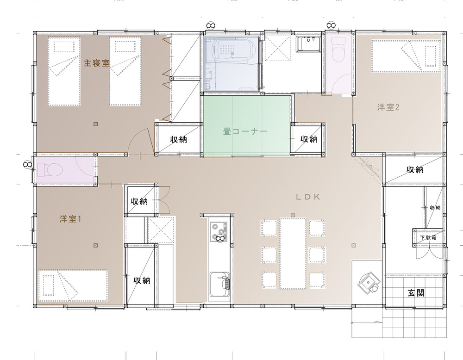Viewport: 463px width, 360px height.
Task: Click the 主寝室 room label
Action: point(97,63)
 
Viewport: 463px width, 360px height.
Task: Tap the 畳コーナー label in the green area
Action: point(245,131)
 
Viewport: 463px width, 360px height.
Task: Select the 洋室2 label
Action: point(388,107)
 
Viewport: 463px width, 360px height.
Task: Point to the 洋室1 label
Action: point(70,219)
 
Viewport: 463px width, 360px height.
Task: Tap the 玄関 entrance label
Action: point(416,293)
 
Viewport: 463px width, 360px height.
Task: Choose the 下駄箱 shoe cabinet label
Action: point(428,237)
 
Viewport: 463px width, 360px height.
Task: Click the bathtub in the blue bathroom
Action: point(232,50)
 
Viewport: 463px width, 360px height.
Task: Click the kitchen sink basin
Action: point(219,284)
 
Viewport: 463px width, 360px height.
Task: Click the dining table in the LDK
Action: point(293,254)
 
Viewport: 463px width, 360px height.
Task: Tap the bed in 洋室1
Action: point(73,286)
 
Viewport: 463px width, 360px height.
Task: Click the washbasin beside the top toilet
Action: point(308,44)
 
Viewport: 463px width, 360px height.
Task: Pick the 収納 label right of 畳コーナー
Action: point(309,139)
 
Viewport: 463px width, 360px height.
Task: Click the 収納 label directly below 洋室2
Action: point(415,169)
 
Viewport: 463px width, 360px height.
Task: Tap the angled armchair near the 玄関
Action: point(368,282)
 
